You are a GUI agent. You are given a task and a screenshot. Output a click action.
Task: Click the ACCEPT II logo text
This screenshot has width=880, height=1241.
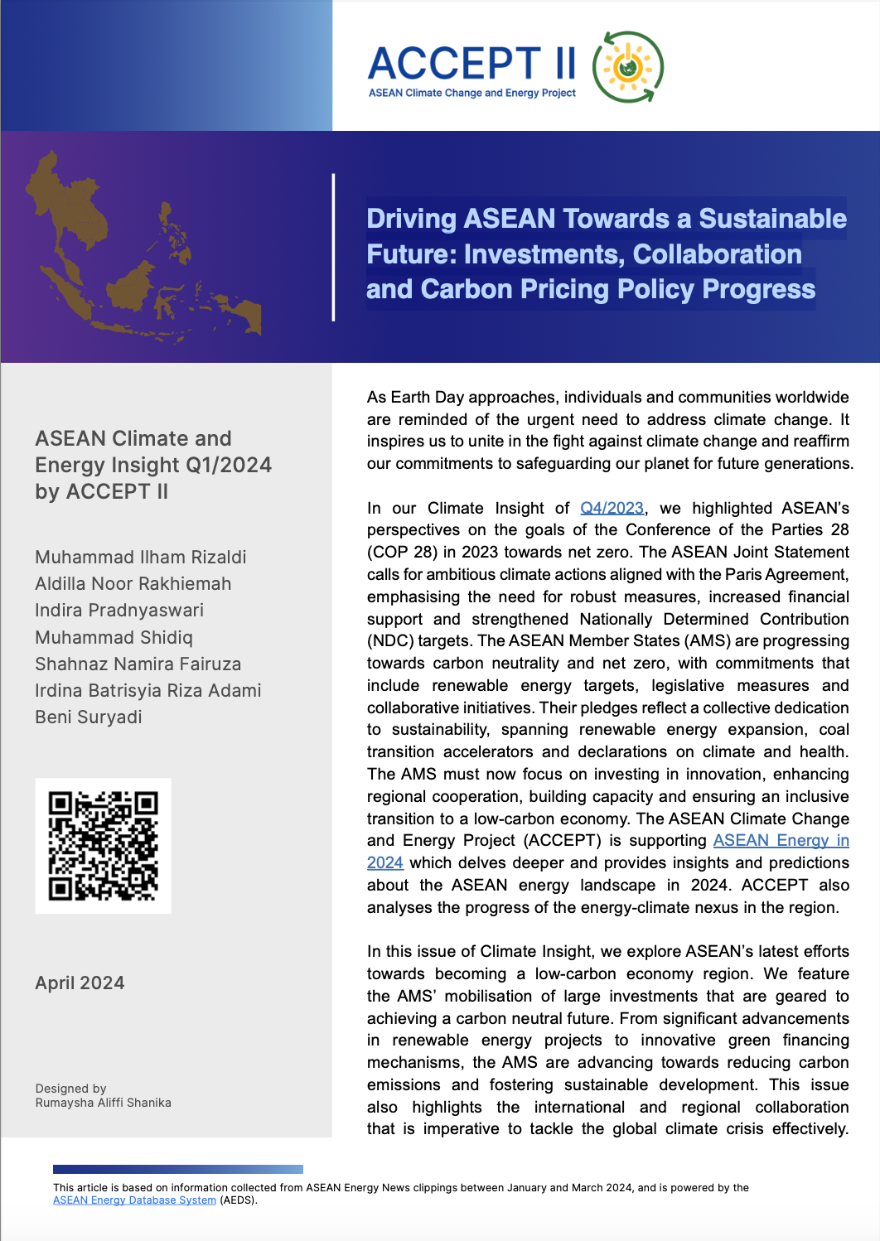(471, 65)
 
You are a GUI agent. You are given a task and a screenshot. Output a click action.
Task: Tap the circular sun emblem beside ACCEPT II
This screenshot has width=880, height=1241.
(628, 67)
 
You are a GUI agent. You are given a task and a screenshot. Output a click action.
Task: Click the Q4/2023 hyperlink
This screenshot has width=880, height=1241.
(612, 508)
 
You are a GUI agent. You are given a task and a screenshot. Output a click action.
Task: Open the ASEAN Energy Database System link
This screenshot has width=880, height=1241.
(134, 1200)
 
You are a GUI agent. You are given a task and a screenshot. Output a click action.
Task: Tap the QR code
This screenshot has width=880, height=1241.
(103, 846)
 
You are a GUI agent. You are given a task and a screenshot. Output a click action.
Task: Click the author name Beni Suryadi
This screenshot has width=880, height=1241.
(89, 717)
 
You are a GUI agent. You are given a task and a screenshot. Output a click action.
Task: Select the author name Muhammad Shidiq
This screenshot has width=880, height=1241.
(114, 638)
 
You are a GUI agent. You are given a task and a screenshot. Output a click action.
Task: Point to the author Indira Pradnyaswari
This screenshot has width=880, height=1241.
(119, 611)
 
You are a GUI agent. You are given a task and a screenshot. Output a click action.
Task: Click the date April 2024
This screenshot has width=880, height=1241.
(80, 983)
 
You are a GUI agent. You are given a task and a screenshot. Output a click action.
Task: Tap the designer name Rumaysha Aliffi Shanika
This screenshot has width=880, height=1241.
(104, 1103)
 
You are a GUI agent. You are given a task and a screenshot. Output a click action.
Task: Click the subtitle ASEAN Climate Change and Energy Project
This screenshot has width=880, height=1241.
(471, 93)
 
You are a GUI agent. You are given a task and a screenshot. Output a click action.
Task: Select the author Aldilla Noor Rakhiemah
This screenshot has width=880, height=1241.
(133, 584)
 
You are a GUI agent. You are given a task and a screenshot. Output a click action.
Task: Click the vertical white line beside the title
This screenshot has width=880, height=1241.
(333, 247)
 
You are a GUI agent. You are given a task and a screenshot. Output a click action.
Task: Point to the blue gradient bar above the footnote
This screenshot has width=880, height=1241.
(177, 1169)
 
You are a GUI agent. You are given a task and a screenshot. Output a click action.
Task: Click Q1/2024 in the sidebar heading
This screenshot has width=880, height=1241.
(229, 466)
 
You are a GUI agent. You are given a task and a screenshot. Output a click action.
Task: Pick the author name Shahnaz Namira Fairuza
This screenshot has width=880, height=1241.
(138, 664)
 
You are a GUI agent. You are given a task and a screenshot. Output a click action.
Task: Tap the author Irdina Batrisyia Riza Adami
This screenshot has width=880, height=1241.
(147, 691)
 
